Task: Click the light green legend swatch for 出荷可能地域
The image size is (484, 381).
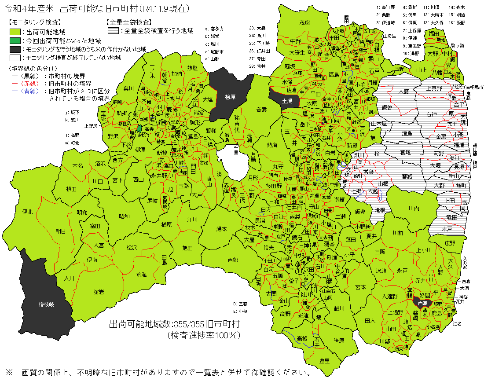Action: click(15, 32)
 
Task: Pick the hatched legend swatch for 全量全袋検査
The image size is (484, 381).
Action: click(114, 31)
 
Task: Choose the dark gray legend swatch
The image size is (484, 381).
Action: click(15, 49)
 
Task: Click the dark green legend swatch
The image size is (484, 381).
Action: click(15, 40)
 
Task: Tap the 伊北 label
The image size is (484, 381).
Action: click(27, 212)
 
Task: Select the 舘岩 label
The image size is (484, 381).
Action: click(99, 292)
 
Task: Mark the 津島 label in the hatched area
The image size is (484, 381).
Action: click(407, 133)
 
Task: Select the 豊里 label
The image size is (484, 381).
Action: click(324, 361)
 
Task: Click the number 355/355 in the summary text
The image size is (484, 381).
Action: click(190, 325)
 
